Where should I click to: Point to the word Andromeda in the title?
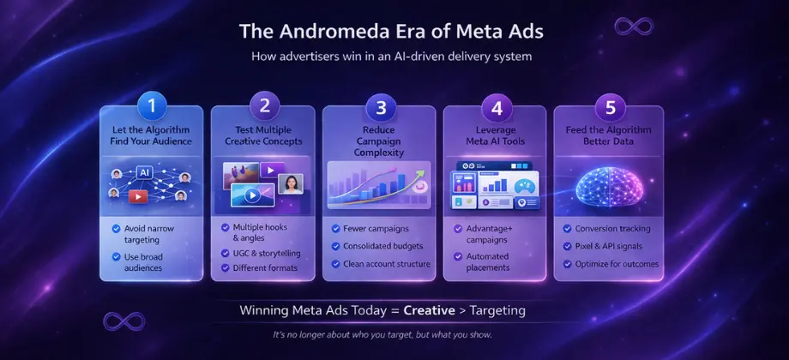pyautogui.click(x=342, y=31)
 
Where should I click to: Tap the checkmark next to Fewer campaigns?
pyautogui.click(x=336, y=229)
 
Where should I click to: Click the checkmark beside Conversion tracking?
pyautogui.click(x=568, y=229)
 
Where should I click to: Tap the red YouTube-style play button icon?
pyautogui.click(x=138, y=196)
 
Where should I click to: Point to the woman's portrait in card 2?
pyautogui.click(x=291, y=183)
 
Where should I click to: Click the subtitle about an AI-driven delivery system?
pyautogui.click(x=394, y=57)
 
